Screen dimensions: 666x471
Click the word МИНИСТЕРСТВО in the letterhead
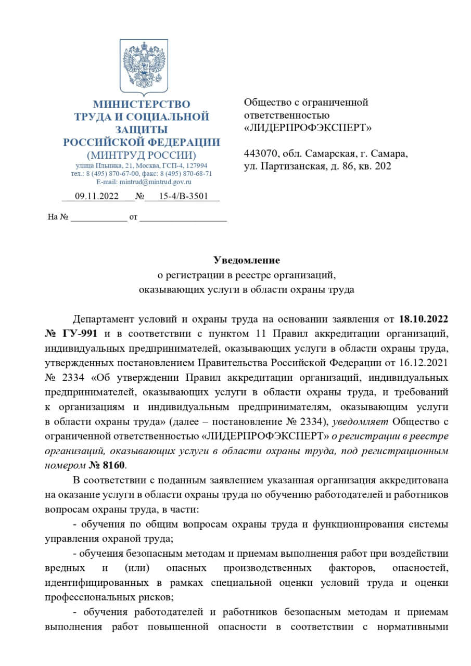click(x=142, y=104)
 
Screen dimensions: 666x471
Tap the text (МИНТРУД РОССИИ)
click(x=142, y=155)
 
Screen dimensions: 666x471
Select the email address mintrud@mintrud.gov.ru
click(x=156, y=182)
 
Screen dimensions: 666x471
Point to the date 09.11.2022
click(x=97, y=197)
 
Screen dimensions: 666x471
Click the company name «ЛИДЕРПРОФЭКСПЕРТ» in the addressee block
click(x=308, y=127)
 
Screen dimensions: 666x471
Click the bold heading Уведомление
click(x=247, y=260)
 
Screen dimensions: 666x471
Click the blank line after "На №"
click(x=98, y=217)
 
